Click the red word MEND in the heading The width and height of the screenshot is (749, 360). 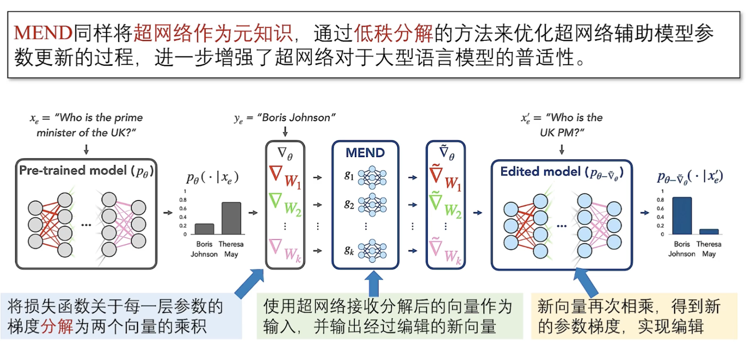point(43,33)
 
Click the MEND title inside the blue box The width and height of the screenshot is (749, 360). point(365,153)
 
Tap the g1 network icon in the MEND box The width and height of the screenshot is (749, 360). point(372,177)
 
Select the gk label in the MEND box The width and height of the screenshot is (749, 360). point(349,250)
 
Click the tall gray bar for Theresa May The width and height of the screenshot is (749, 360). point(231,218)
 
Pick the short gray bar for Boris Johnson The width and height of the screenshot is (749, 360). point(204,229)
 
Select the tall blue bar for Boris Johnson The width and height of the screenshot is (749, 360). point(682,215)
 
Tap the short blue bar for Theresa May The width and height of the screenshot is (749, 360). point(709,231)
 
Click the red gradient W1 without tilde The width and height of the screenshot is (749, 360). point(285,177)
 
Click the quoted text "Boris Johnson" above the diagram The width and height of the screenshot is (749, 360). point(296,118)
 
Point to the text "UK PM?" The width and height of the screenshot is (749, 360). point(562,133)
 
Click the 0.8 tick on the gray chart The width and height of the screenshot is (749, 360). point(183,200)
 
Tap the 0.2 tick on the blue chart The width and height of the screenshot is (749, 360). point(660,226)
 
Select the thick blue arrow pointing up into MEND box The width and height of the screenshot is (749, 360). point(374,283)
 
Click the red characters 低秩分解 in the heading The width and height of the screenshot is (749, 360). point(393,33)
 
